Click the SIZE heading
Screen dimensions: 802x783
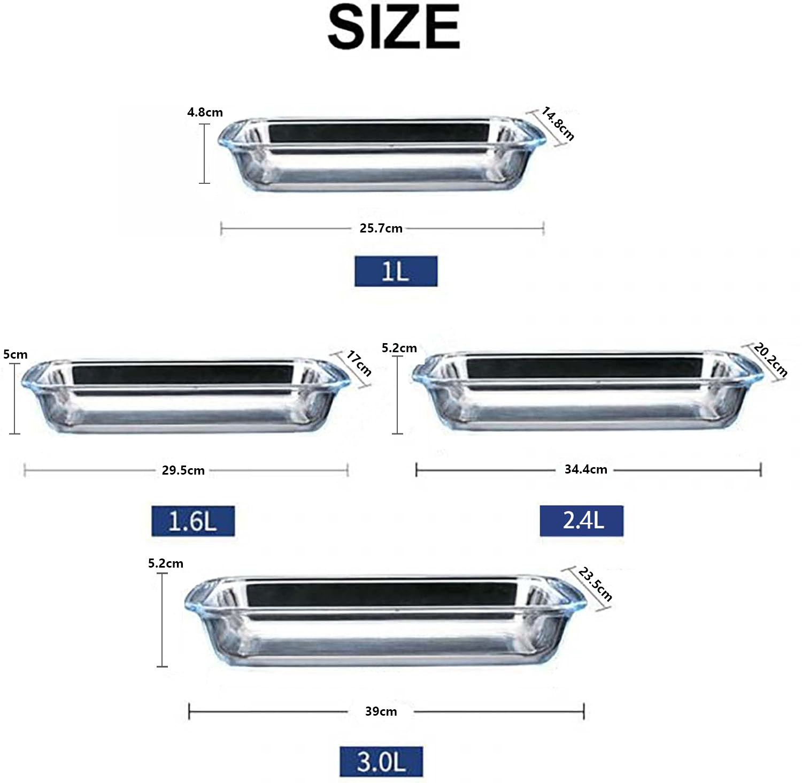394,27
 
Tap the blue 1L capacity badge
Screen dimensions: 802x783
396,271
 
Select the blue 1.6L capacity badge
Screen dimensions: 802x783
193,521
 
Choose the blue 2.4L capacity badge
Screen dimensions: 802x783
582,520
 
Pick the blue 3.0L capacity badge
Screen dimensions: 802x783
381,761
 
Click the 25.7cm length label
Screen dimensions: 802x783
381,228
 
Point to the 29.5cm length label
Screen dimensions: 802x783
183,470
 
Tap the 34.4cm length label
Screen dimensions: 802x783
586,469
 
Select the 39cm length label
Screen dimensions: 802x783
381,711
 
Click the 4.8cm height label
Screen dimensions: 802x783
205,112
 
